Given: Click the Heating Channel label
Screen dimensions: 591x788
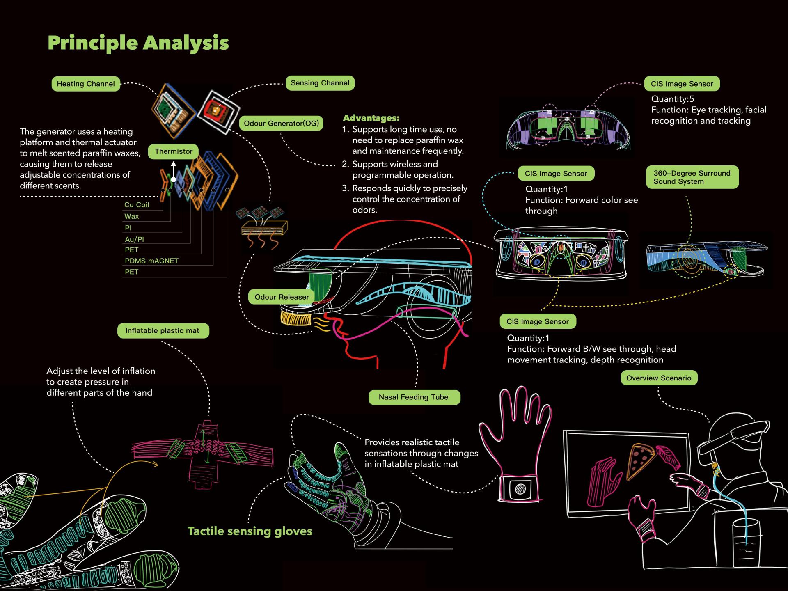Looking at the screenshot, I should pyautogui.click(x=86, y=84).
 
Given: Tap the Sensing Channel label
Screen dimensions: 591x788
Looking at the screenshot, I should pyautogui.click(x=320, y=83).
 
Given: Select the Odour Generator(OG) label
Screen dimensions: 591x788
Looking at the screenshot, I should pyautogui.click(x=281, y=123).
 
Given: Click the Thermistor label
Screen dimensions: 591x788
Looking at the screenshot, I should pyautogui.click(x=173, y=151).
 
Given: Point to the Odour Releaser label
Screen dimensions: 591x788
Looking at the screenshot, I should pyautogui.click(x=282, y=297).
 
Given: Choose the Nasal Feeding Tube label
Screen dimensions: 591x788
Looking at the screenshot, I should pyautogui.click(x=414, y=397).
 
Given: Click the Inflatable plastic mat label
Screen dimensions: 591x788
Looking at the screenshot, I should pyautogui.click(x=163, y=330).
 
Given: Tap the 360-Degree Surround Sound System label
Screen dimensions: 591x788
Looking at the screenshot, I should pyautogui.click(x=692, y=177).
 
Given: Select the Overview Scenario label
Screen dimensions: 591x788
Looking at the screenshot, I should pyautogui.click(x=659, y=378).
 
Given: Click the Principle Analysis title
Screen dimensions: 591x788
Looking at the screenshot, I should pyautogui.click(x=138, y=43).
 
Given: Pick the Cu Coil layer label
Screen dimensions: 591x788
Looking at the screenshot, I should pyautogui.click(x=137, y=205).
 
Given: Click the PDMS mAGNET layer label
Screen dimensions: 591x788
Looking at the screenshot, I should pyautogui.click(x=151, y=261).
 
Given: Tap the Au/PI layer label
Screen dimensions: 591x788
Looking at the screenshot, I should pyautogui.click(x=134, y=239).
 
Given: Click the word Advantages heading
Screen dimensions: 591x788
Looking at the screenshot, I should pyautogui.click(x=371, y=118).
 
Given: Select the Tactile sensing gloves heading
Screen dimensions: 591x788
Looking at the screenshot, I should pyautogui.click(x=250, y=531).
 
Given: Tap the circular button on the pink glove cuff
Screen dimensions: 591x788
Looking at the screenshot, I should pyautogui.click(x=520, y=489).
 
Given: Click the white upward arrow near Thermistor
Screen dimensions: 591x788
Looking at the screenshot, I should pyautogui.click(x=174, y=169).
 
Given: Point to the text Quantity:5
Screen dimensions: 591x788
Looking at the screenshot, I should pyautogui.click(x=672, y=99).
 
